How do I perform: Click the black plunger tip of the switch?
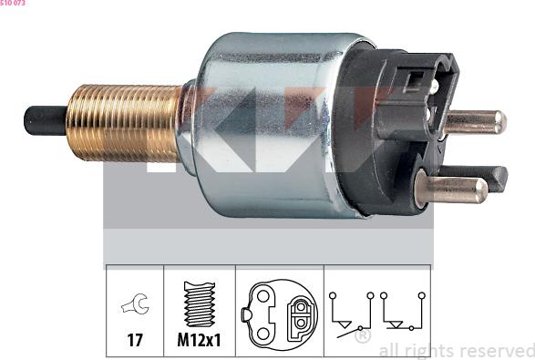point(45,121)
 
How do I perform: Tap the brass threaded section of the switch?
point(125,123)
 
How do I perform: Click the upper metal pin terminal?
point(475,122)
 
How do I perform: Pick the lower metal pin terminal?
point(451,189)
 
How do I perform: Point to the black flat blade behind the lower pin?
point(486,178)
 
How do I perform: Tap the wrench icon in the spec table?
point(136,303)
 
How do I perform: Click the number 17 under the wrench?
point(135,340)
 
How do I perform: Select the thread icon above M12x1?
point(200,303)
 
